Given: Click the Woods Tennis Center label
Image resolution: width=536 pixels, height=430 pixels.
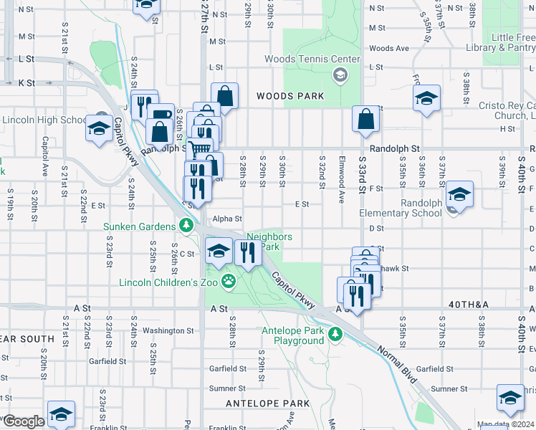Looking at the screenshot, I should pyautogui.click(x=312, y=59).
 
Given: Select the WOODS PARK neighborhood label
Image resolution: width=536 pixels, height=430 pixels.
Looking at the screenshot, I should pyautogui.click(x=290, y=96).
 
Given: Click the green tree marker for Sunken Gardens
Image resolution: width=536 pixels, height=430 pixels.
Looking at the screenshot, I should pyautogui.click(x=186, y=226).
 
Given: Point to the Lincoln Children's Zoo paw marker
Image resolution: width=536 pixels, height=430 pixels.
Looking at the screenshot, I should pyautogui.click(x=228, y=281).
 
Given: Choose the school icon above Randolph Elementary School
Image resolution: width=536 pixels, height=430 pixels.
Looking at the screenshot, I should pyautogui.click(x=459, y=194).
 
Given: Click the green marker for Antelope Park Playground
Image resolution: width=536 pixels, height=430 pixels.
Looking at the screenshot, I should pyautogui.click(x=335, y=335).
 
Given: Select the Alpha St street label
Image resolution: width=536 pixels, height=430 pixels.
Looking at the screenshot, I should pyautogui.click(x=227, y=219).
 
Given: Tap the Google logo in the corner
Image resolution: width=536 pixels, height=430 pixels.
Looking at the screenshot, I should pyautogui.click(x=23, y=421).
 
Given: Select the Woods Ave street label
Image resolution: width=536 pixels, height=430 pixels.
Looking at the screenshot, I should pyautogui.click(x=388, y=49).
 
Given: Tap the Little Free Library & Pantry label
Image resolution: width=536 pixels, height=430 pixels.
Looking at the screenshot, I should pyautogui.click(x=512, y=42).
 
